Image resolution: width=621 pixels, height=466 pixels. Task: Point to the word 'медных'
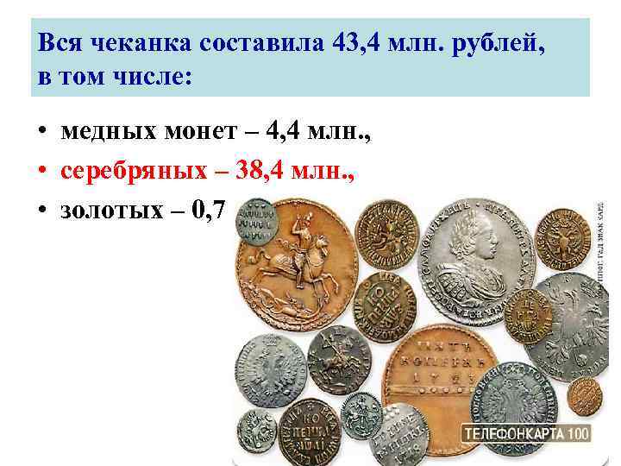pos(118,133)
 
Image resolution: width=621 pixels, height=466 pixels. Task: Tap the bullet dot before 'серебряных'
pos(41,172)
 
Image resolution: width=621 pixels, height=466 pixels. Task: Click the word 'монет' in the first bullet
pos(223,133)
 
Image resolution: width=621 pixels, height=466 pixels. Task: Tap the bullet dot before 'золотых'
pos(41,211)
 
